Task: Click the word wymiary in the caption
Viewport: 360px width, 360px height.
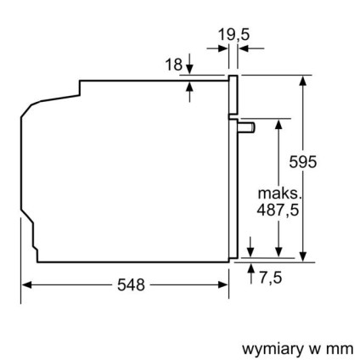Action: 266,348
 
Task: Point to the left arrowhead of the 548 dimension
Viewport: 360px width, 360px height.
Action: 25,284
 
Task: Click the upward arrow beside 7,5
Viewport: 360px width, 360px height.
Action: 251,269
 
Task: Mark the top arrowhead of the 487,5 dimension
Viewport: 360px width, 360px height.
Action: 278,124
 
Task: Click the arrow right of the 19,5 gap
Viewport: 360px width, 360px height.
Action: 245,49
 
